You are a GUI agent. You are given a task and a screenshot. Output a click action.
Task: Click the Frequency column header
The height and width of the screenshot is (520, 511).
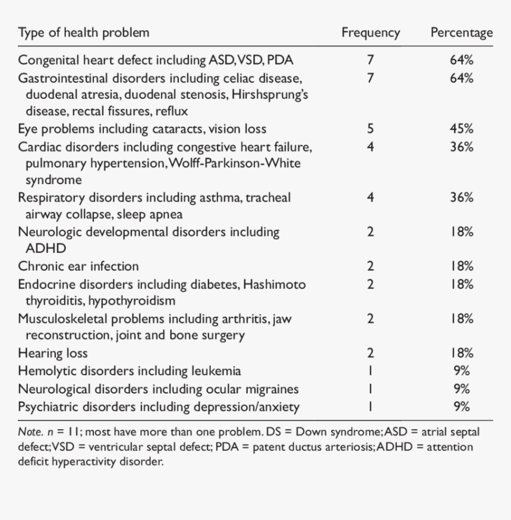(370, 33)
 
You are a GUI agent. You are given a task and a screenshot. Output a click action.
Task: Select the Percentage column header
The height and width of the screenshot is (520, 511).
(461, 33)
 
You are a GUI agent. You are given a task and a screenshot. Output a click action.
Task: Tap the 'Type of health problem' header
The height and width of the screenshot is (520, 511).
(83, 32)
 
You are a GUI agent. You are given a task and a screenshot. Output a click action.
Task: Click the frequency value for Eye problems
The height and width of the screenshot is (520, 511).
(370, 129)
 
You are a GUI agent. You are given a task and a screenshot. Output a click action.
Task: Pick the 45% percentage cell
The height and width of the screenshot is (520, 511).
(462, 129)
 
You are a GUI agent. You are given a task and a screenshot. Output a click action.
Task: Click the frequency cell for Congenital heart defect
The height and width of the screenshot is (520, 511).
(370, 60)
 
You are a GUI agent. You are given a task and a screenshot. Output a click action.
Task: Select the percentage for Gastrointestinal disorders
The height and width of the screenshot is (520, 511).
(462, 78)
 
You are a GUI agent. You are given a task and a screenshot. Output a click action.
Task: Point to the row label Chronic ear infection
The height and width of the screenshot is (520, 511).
(78, 267)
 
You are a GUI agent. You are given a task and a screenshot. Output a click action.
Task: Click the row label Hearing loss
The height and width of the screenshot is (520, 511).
(53, 353)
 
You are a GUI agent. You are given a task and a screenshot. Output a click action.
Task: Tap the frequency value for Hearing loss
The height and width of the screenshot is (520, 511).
(370, 353)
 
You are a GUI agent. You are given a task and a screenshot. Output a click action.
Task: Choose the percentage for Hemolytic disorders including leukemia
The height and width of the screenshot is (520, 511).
(462, 371)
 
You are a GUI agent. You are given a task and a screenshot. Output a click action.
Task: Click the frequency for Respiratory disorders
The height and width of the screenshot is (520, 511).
(370, 198)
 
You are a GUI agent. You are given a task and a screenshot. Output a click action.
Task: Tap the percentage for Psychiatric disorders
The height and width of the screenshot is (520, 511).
(462, 407)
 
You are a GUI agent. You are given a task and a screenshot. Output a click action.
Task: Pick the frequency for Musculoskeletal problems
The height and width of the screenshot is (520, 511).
(370, 319)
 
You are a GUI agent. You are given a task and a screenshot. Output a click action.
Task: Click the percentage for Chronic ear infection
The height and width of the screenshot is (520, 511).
(462, 267)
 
